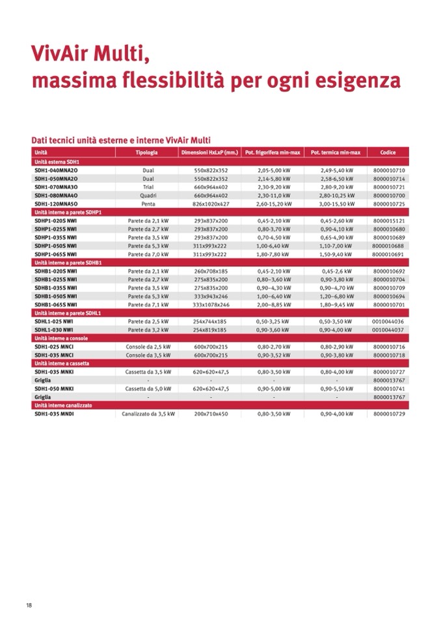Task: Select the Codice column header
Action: coord(387,152)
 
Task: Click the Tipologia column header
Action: coord(147,152)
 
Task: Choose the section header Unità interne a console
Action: coord(61,338)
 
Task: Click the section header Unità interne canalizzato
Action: coord(63,405)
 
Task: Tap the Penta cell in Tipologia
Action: coord(147,204)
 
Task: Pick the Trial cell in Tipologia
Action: coord(147,187)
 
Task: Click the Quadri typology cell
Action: coord(147,195)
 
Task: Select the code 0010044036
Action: coord(388,321)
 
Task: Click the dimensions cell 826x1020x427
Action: coord(211,204)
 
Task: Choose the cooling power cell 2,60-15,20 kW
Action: coord(273,204)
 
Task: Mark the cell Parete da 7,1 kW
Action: coord(148,305)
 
